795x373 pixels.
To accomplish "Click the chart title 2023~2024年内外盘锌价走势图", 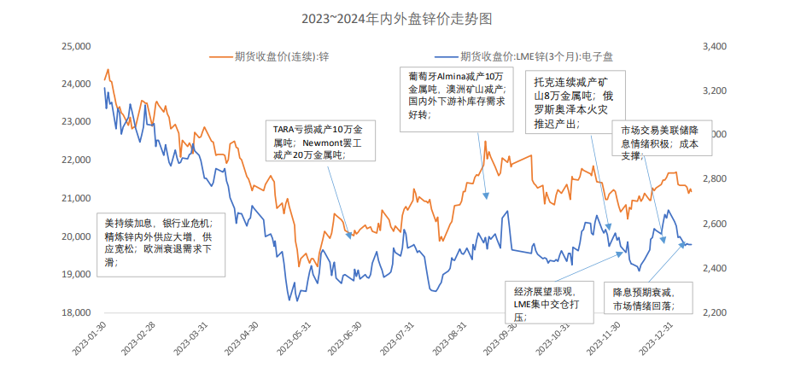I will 396,18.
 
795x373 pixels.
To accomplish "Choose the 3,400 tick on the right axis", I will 715,46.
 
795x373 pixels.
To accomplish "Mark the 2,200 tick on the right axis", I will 715,312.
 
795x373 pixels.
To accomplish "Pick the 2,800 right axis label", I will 715,179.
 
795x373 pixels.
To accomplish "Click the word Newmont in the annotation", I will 326,144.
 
